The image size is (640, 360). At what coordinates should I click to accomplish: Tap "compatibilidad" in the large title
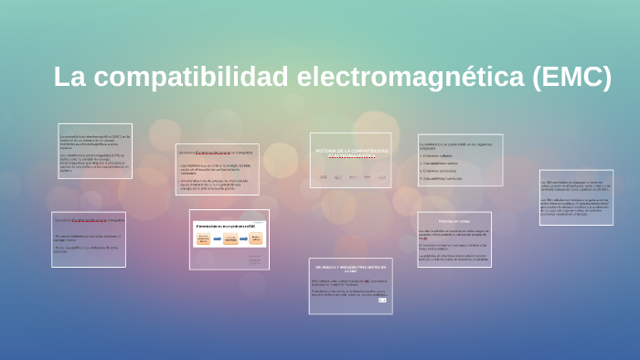pyautogui.click(x=182, y=78)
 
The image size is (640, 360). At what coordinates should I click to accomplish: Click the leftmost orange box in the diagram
pyautogui.click(x=203, y=238)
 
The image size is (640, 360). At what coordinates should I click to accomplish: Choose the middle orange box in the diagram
pyautogui.click(x=230, y=238)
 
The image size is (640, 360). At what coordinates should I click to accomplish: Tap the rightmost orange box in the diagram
pyautogui.click(x=257, y=238)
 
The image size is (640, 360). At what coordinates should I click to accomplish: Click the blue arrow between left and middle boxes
pyautogui.click(x=217, y=238)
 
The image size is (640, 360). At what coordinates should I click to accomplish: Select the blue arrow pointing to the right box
pyautogui.click(x=244, y=238)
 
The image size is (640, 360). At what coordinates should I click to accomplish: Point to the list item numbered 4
pyautogui.click(x=443, y=178)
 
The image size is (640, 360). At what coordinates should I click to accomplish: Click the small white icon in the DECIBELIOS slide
pyautogui.click(x=382, y=301)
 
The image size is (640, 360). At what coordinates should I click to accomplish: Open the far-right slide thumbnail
pyautogui.click(x=575, y=197)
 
